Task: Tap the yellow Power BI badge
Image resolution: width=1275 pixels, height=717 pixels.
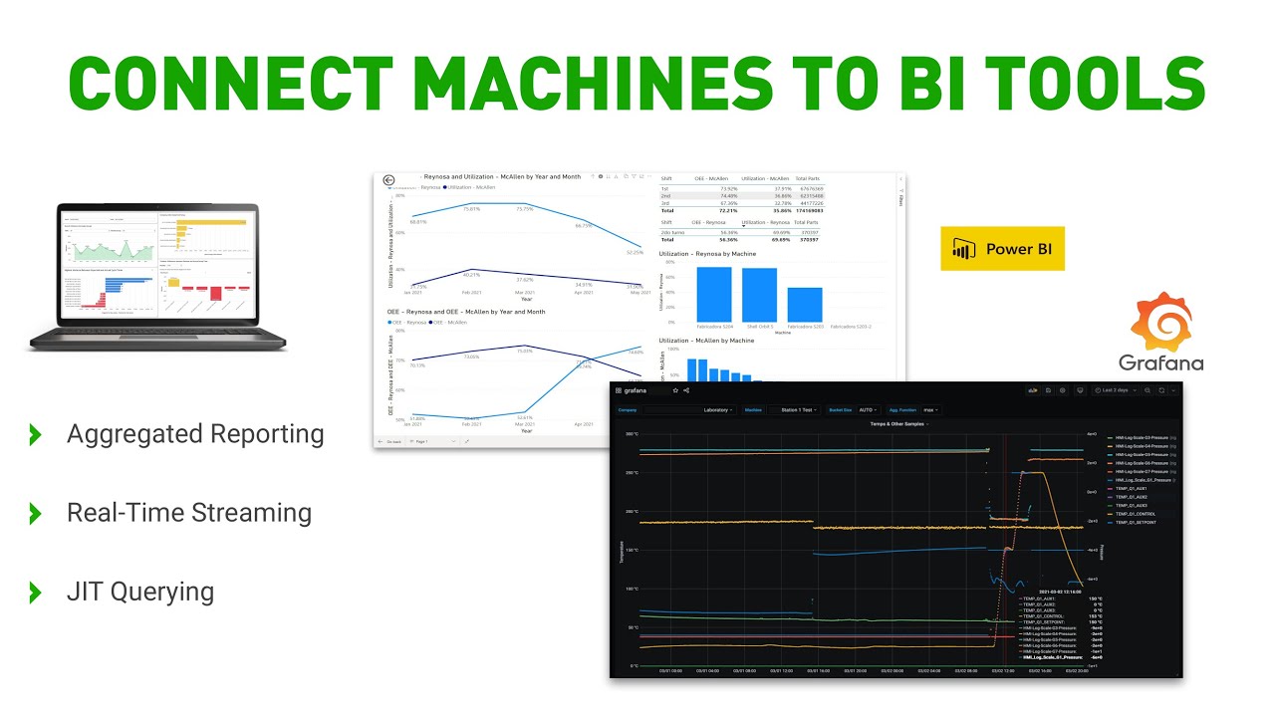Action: point(1002,249)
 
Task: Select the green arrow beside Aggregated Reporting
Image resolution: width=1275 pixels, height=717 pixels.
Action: point(36,434)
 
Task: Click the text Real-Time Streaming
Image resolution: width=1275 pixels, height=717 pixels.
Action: point(189,513)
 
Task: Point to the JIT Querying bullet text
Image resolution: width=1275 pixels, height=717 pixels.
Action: point(140,592)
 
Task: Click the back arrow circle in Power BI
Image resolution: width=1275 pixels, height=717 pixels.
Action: point(388,180)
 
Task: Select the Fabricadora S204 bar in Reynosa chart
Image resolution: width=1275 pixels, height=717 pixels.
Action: point(713,294)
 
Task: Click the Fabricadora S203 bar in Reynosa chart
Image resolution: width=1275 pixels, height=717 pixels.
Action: point(805,304)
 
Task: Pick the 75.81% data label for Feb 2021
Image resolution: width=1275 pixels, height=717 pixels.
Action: point(471,209)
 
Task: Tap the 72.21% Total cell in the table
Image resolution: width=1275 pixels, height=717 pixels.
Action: point(727,211)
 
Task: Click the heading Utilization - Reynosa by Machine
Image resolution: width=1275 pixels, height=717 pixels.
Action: point(706,254)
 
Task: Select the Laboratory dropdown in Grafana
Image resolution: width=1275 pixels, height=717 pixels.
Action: point(717,409)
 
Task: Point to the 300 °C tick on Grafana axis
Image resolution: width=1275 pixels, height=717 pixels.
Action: point(631,434)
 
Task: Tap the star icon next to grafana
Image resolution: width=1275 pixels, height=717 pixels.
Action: point(674,390)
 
